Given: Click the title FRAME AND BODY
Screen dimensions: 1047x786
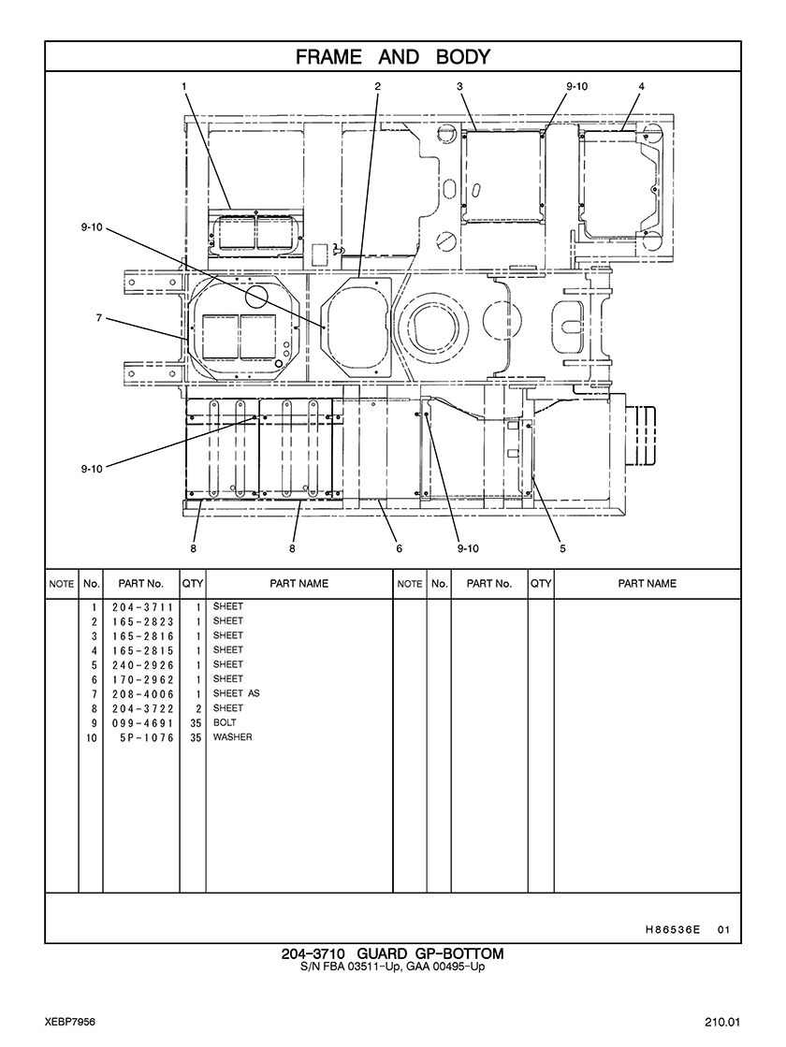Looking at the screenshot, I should pyautogui.click(x=393, y=57).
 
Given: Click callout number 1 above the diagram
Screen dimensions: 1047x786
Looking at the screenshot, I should pyautogui.click(x=184, y=86).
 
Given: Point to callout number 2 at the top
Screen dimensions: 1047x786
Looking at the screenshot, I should pyautogui.click(x=378, y=86).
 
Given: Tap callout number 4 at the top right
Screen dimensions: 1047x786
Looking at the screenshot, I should pyautogui.click(x=641, y=86).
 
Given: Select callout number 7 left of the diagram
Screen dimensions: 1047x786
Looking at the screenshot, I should pyautogui.click(x=98, y=318).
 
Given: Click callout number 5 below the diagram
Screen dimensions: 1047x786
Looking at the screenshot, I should pyautogui.click(x=562, y=548).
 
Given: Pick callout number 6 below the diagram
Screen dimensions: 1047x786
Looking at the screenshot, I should pyautogui.click(x=399, y=548).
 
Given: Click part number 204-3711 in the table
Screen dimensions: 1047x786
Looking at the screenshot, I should pyautogui.click(x=142, y=606).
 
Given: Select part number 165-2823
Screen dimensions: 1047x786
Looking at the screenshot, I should pyautogui.click(x=142, y=621).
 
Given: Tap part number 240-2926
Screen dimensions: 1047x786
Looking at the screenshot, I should pyautogui.click(x=142, y=664).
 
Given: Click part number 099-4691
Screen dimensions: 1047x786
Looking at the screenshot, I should pyautogui.click(x=142, y=723).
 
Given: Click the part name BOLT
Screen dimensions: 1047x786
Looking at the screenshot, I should pyautogui.click(x=225, y=723).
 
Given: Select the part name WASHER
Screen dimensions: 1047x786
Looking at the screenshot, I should pyautogui.click(x=232, y=737).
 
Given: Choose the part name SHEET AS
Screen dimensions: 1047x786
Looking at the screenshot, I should pyautogui.click(x=236, y=693).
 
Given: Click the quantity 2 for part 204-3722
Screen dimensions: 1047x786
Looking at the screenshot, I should pyautogui.click(x=197, y=708).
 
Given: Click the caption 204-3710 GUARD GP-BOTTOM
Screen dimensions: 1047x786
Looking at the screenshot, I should pyautogui.click(x=393, y=953).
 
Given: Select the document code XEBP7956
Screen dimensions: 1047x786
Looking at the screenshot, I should pyautogui.click(x=68, y=1020).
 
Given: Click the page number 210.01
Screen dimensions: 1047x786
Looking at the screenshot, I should pyautogui.click(x=722, y=1020).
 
